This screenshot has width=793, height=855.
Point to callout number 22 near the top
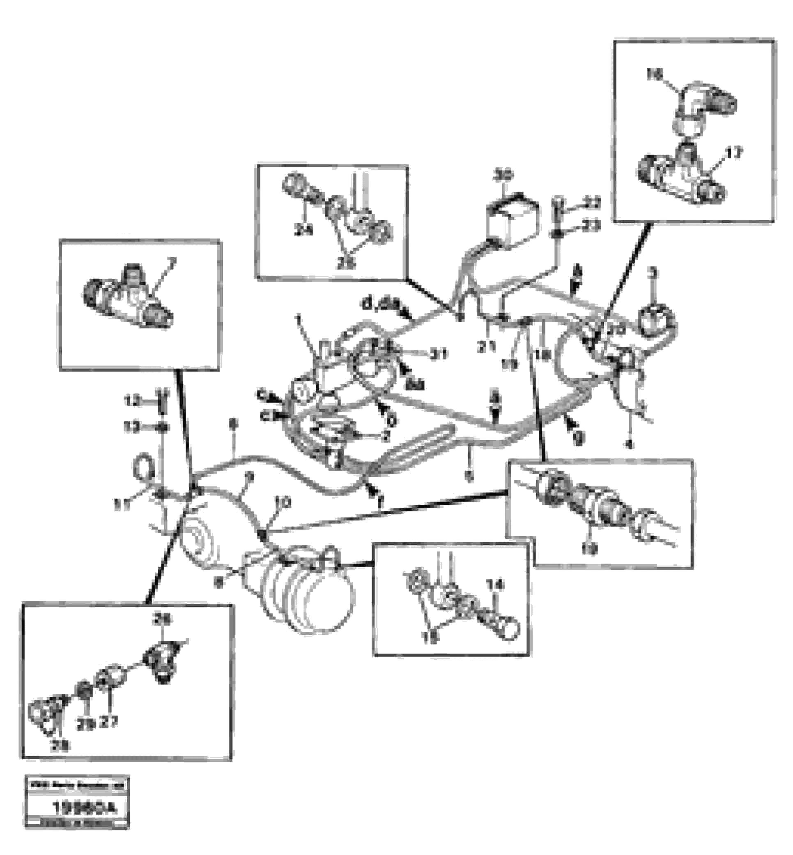click(x=593, y=203)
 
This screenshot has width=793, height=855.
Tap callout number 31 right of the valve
click(x=439, y=355)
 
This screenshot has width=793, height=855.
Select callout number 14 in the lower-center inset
click(x=496, y=585)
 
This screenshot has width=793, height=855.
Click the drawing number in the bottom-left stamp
click(x=84, y=808)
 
